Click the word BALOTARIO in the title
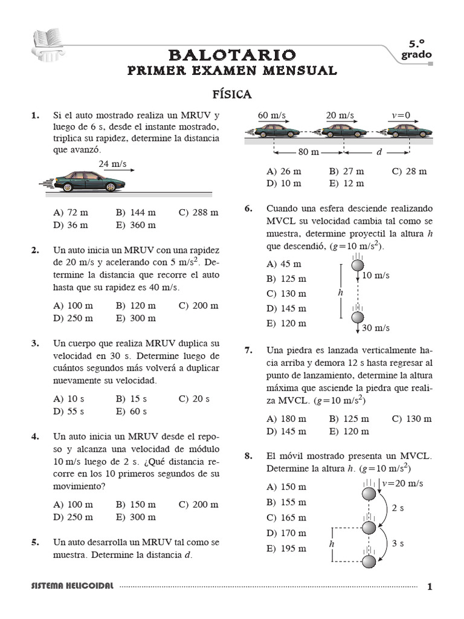232,55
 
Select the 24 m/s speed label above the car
112,164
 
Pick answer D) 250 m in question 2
73,318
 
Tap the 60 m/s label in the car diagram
271,115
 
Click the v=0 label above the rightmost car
401,115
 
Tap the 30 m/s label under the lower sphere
376,328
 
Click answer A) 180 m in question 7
286,419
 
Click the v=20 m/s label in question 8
403,483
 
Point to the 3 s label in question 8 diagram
398,543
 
